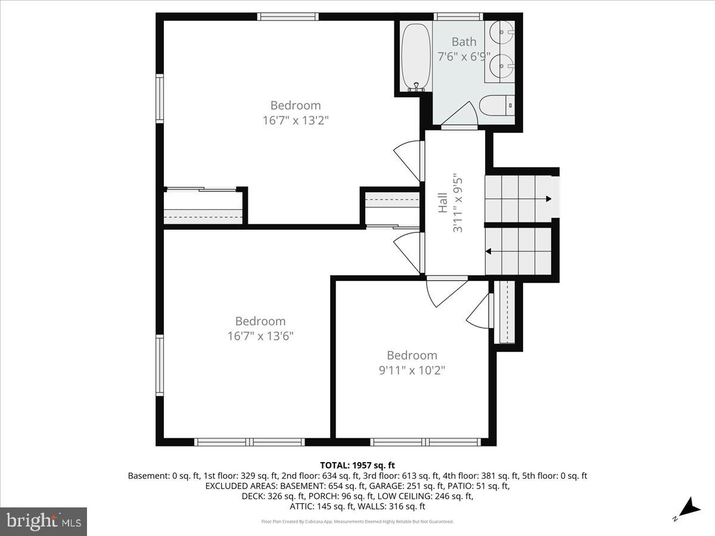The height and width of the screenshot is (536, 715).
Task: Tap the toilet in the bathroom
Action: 496,105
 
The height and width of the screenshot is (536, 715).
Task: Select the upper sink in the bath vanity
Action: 502,29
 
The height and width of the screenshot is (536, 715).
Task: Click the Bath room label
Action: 464,42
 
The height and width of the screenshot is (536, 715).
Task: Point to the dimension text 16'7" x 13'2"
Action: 296,120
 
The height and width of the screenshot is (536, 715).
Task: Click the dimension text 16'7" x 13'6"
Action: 260,335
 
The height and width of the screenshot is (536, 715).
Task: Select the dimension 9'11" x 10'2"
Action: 412,370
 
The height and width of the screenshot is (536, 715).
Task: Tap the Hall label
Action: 442,202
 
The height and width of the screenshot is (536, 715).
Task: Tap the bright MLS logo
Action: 43,521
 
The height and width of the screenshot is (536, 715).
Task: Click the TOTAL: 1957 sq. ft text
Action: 357,465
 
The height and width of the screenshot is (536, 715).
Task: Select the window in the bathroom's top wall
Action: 458,17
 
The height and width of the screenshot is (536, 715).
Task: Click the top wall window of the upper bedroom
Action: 288,17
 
